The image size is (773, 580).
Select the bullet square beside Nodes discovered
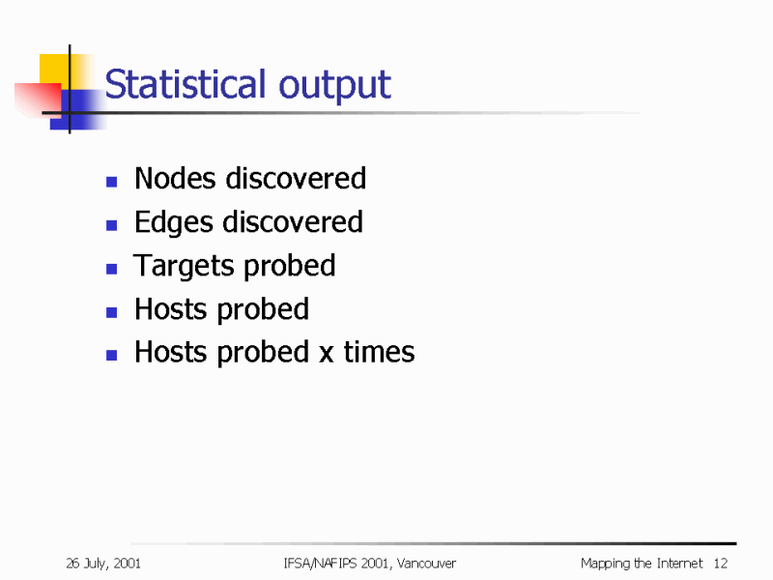point(112,181)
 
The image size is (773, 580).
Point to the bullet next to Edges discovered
point(112,224)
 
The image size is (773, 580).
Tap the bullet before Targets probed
point(112,268)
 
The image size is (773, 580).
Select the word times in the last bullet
point(379,352)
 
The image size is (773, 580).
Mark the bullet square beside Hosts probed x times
point(112,355)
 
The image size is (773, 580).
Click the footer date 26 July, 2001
point(104,564)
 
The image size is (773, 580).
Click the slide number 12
point(720,564)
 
